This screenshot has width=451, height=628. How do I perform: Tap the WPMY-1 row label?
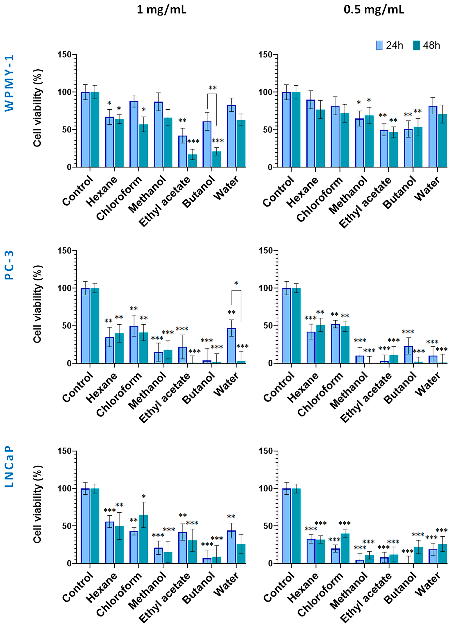pos(9,83)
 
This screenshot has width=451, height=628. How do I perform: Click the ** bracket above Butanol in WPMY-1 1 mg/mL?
pos(212,94)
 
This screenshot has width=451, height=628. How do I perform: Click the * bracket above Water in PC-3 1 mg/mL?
pos(236,291)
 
